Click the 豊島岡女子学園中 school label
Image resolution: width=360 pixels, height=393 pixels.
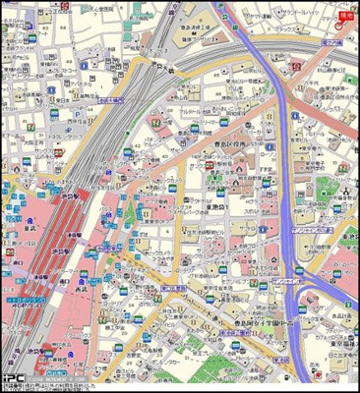point(262,322)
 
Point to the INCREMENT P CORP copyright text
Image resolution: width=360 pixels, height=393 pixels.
point(59,377)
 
